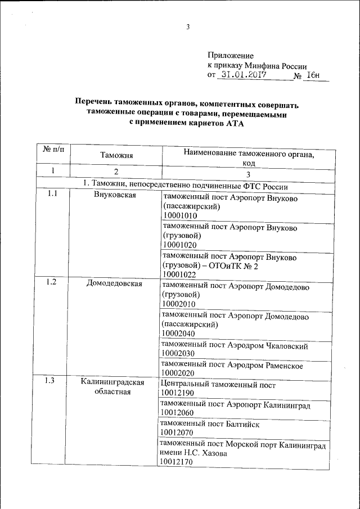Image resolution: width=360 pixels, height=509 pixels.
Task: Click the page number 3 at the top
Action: click(x=189, y=26)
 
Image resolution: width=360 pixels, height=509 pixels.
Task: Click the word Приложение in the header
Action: click(x=231, y=56)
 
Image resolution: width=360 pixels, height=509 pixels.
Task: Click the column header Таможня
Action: click(x=116, y=155)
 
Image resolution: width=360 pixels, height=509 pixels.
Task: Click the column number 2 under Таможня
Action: click(x=116, y=172)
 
